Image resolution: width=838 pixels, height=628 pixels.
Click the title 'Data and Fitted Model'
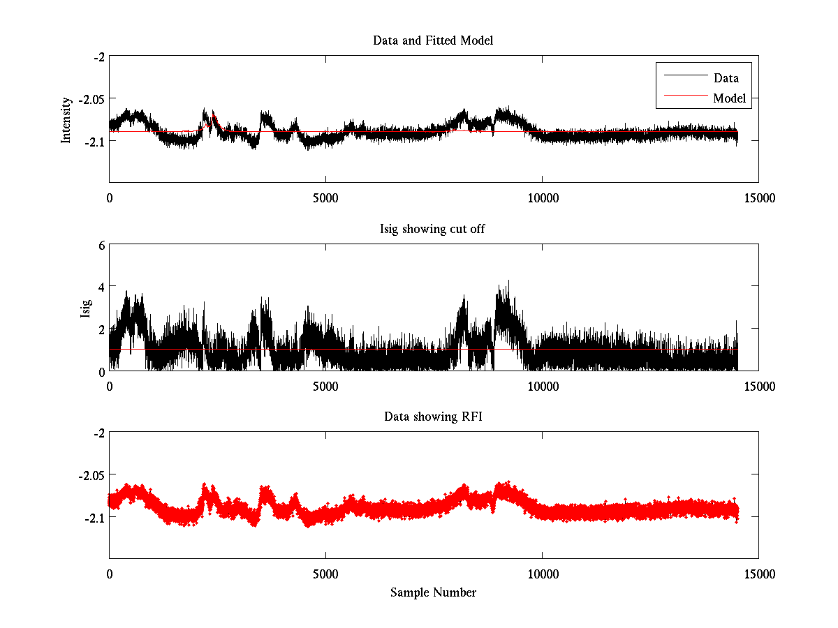(433, 40)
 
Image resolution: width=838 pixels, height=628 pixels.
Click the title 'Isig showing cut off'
(433, 229)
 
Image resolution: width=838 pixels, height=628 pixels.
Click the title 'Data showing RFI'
(433, 417)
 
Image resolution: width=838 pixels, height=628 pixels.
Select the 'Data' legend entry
(726, 78)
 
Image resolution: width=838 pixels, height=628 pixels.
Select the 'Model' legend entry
(729, 98)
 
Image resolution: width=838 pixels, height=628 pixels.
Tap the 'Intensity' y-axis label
(66, 119)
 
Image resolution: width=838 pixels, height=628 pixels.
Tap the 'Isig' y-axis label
(86, 308)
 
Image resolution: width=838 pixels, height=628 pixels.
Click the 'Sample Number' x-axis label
(433, 592)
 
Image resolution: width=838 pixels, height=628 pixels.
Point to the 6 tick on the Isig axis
(101, 245)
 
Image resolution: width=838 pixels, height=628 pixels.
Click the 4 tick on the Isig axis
(101, 287)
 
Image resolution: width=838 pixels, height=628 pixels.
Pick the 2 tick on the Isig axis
(101, 329)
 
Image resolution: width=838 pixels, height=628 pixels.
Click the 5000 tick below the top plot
(325, 198)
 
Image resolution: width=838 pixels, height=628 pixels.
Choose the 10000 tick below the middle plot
(543, 387)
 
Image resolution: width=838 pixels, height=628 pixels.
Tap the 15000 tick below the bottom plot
(759, 574)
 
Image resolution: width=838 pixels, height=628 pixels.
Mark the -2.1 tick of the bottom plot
(93, 517)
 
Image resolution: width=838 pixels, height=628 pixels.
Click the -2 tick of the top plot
(98, 57)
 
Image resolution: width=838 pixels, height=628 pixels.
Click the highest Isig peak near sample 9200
(508, 281)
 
